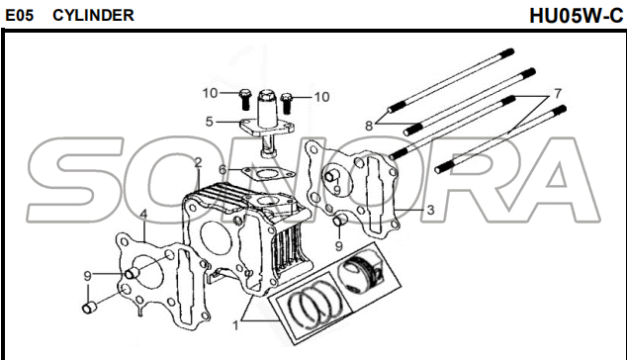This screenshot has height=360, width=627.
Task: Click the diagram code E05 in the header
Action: point(19,15)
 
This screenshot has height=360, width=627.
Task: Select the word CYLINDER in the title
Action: point(93,15)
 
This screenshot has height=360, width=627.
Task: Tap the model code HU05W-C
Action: point(577,16)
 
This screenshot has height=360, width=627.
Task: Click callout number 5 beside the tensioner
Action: point(209,122)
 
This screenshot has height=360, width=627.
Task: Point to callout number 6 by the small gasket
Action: point(223,169)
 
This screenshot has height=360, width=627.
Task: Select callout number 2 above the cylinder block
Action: point(198,162)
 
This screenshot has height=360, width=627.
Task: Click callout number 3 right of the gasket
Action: point(430,210)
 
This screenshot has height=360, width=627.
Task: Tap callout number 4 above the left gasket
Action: point(143,214)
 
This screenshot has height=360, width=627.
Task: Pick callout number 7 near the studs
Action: point(558,93)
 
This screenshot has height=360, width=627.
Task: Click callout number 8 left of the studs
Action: point(369,126)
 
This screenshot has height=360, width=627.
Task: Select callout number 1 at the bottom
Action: point(236,326)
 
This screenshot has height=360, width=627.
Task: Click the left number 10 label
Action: point(210,93)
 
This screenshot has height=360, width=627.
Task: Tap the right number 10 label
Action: point(321,97)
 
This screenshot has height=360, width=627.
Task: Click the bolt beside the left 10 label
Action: point(244,99)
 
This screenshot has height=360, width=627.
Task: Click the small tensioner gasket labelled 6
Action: point(268,174)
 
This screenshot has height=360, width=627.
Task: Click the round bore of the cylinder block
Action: point(216,237)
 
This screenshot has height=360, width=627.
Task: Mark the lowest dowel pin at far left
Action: point(89,308)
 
